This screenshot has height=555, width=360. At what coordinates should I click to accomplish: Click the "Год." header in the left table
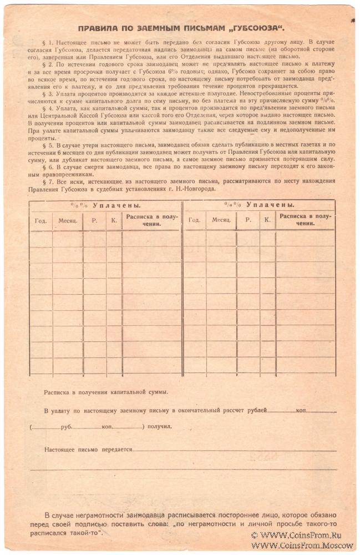(x=40, y=220)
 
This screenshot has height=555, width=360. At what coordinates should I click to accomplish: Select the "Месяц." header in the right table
(x=221, y=220)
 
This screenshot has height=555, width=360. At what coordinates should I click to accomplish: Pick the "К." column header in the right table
(x=267, y=220)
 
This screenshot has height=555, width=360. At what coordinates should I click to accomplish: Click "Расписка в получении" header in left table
(x=151, y=220)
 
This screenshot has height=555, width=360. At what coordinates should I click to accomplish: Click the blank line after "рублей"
(x=282, y=411)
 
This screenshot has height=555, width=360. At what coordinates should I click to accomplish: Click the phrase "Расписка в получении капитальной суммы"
(x=106, y=392)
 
